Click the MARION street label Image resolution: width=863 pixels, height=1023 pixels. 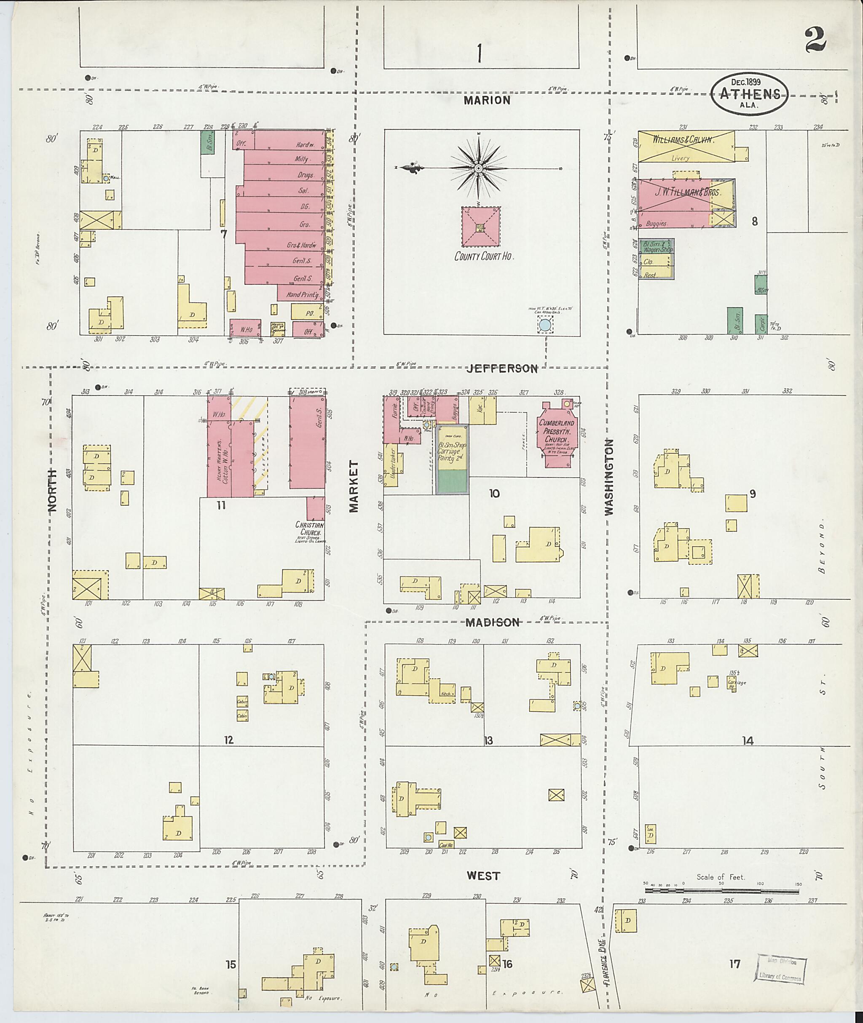click(x=487, y=100)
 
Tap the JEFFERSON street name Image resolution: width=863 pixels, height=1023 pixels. click(x=501, y=369)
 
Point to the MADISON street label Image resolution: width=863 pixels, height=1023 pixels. click(x=492, y=622)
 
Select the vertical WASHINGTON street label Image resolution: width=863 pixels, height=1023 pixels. click(x=609, y=477)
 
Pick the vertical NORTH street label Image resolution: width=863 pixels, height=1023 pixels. click(x=52, y=491)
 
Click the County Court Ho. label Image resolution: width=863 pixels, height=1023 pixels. click(x=484, y=256)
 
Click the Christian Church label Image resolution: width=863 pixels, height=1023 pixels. click(x=310, y=528)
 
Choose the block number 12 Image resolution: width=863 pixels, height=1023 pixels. click(x=228, y=740)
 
